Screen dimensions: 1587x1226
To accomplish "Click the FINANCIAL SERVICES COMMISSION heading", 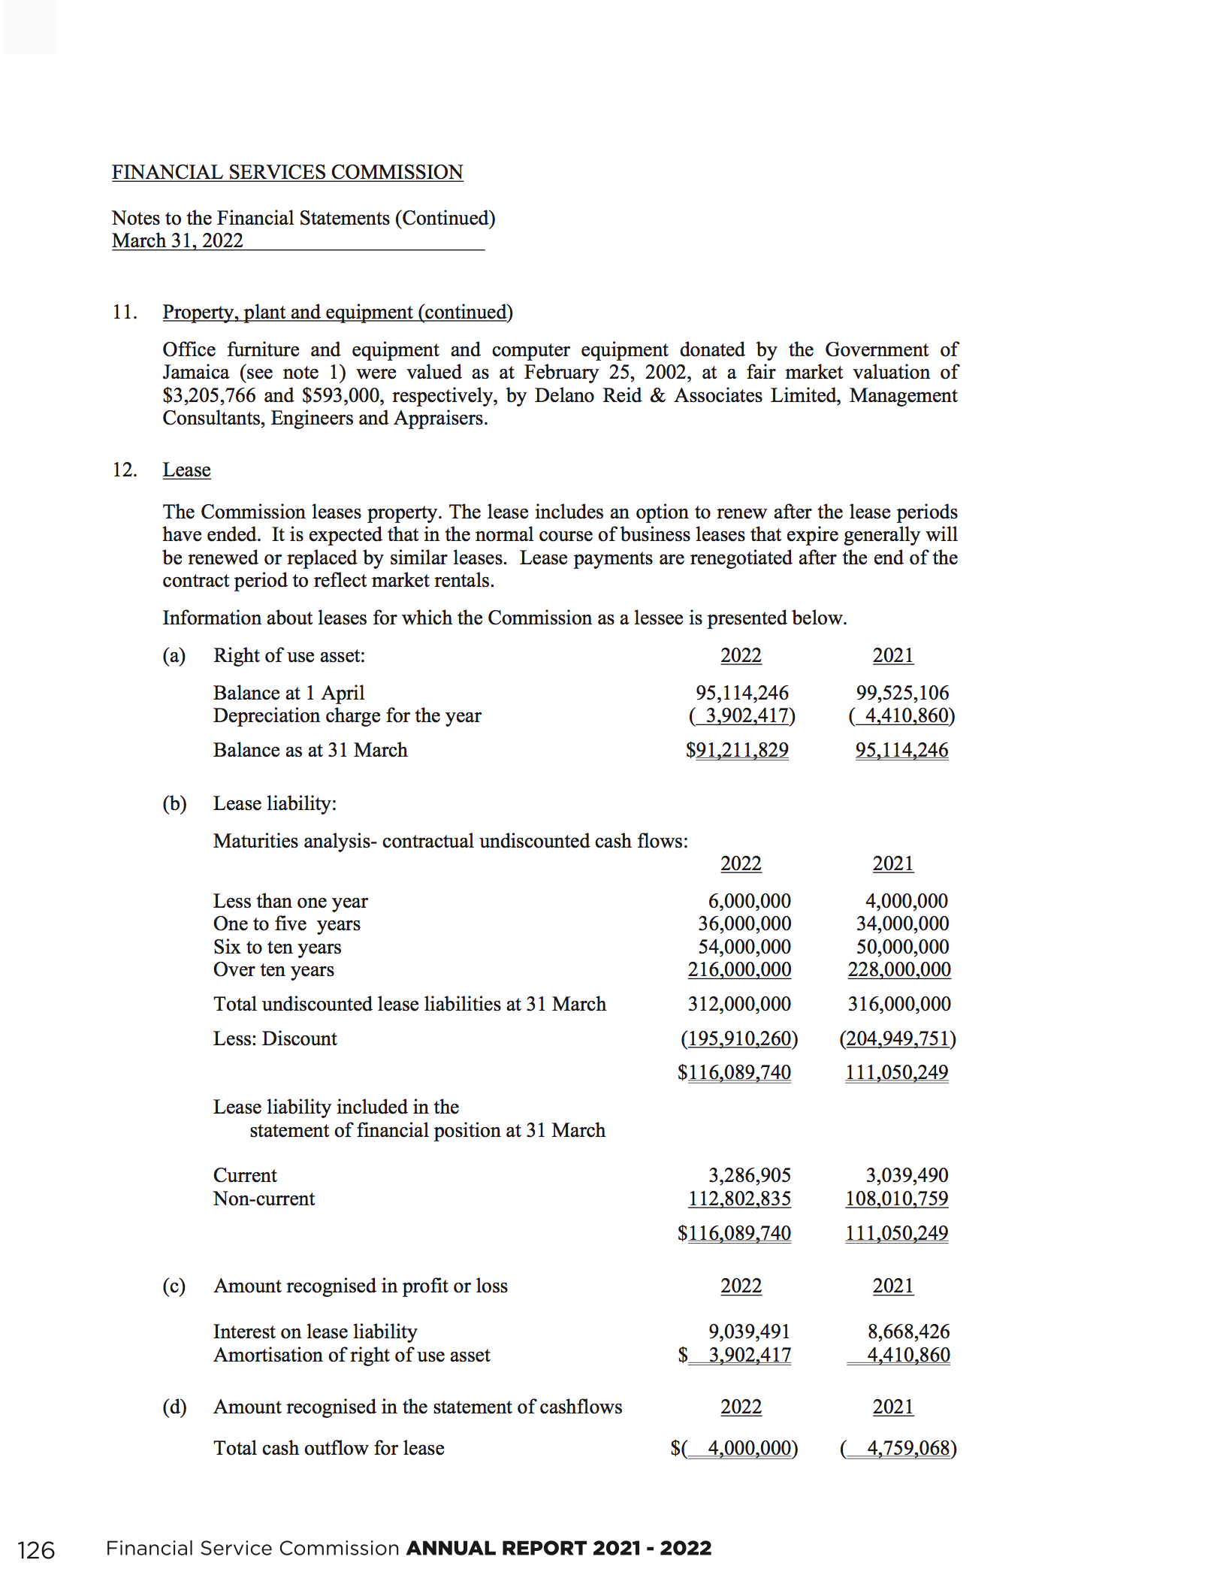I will tap(287, 172).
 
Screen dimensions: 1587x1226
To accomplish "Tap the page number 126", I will tap(36, 1550).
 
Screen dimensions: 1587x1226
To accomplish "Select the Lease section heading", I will tap(186, 470).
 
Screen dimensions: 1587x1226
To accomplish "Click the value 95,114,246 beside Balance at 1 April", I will tap(741, 692).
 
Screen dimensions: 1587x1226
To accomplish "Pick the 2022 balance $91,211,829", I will tap(737, 750).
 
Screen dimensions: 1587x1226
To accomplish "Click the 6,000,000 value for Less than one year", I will tap(749, 900).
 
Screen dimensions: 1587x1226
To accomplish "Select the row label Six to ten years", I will tap(277, 947).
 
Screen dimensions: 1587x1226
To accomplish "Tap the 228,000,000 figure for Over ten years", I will tap(899, 969).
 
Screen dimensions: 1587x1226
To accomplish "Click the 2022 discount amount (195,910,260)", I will tap(739, 1038).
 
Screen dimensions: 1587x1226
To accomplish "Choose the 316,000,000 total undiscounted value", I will tap(899, 1004).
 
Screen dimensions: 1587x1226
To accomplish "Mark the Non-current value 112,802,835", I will tap(739, 1199).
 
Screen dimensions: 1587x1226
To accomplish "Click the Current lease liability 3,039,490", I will tap(907, 1175).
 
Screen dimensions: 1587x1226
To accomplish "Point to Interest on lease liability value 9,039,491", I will tap(749, 1332).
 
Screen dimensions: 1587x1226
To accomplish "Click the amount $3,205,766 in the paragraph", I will tap(209, 395).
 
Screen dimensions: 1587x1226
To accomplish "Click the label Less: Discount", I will tap(275, 1038).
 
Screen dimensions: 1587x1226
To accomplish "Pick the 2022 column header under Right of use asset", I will tap(741, 655).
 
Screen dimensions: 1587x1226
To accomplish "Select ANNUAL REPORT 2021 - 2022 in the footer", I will tap(559, 1549).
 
